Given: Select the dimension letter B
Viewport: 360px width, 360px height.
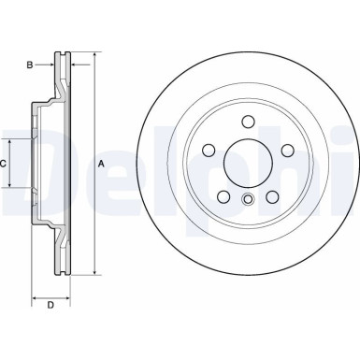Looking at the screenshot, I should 30,65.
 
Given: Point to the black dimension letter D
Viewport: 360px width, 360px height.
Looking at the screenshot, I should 50,305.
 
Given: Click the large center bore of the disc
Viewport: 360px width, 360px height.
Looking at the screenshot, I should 247,163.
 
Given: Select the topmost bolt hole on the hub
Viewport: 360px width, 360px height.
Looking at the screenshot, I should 247,122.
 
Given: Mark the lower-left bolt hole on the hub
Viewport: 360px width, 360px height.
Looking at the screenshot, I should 223,195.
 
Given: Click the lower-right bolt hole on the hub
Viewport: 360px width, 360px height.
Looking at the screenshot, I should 271,195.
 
